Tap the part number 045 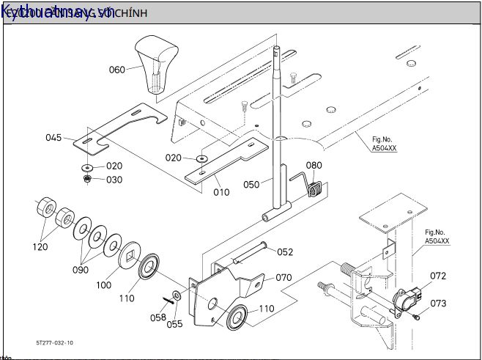54,137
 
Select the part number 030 114,180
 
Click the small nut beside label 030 88,179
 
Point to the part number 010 220,193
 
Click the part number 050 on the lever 251,185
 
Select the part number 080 314,166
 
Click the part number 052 285,251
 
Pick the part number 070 284,278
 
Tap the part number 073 438,303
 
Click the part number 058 158,317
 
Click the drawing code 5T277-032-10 54,342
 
